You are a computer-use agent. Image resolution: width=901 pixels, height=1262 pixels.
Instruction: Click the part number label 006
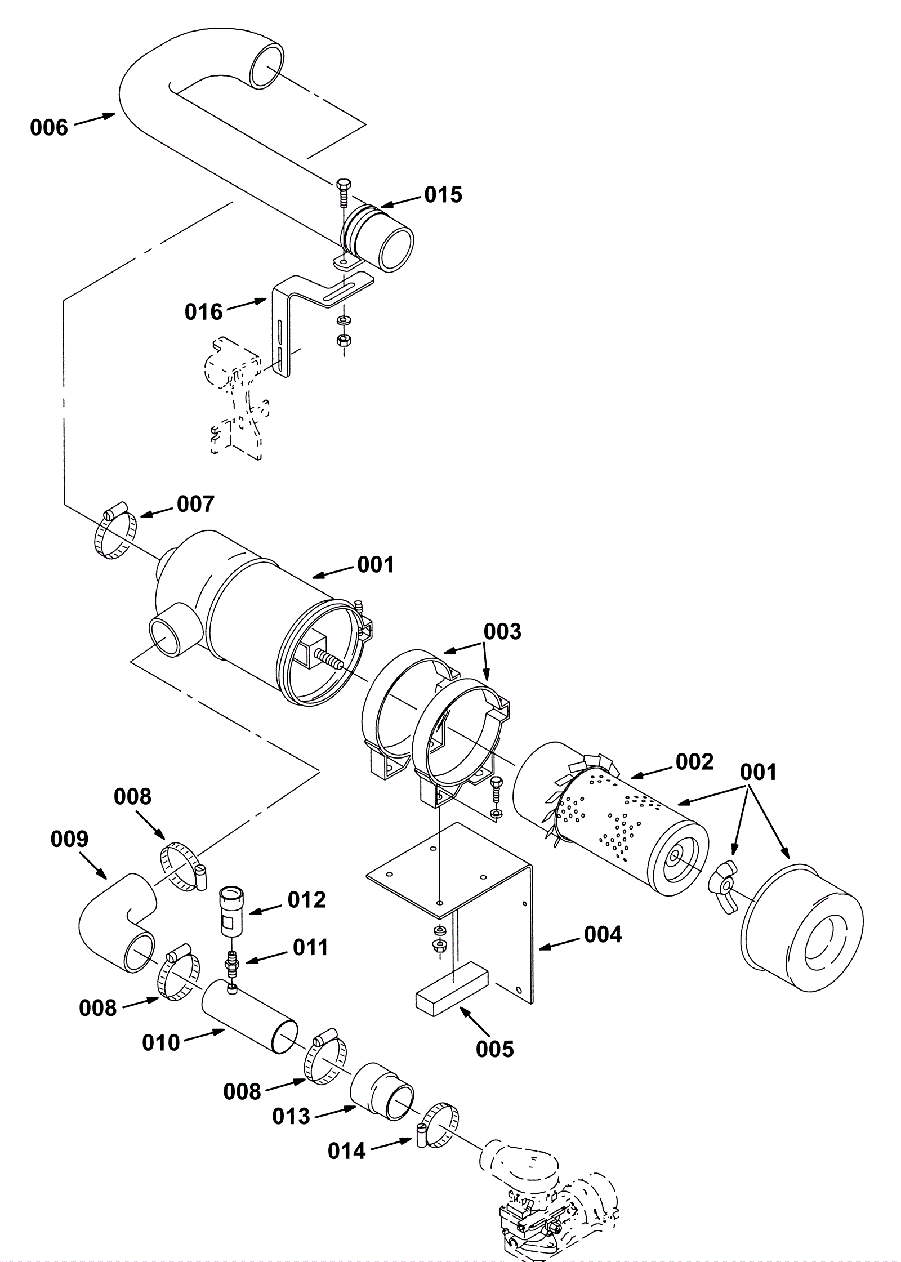(49, 128)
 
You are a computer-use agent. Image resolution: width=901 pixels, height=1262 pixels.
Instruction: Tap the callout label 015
(443, 195)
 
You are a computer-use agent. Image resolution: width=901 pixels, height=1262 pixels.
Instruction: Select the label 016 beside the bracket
(204, 311)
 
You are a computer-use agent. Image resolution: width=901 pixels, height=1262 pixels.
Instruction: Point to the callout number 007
(195, 504)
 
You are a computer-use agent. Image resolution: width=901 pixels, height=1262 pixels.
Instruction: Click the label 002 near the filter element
(694, 762)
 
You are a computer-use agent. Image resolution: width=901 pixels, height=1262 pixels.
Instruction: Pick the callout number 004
(603, 935)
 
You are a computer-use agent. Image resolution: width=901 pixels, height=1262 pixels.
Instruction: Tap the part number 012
(307, 900)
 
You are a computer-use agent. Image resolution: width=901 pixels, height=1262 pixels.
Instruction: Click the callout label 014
(347, 1152)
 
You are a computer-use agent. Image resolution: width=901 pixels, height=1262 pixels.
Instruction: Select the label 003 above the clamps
(503, 632)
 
